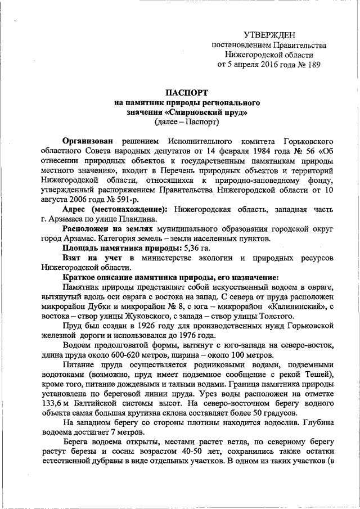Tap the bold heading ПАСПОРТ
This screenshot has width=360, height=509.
pyautogui.click(x=185, y=92)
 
